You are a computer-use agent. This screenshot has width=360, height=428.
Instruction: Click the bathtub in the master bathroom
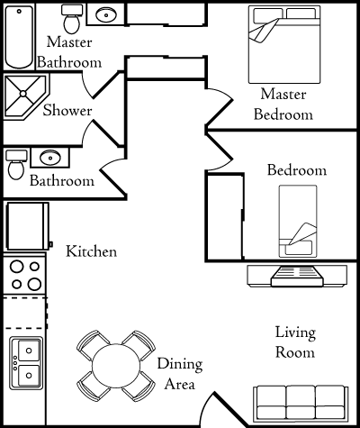click(x=19, y=36)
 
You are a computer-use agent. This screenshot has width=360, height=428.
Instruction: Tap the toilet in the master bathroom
click(x=70, y=18)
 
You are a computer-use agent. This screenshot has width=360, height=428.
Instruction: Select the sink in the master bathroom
click(x=107, y=14)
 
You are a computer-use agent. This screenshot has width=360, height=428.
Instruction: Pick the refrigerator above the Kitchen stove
click(x=28, y=228)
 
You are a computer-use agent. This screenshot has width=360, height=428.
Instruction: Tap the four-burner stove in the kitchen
click(x=24, y=275)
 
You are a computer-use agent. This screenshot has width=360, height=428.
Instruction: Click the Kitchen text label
click(x=92, y=251)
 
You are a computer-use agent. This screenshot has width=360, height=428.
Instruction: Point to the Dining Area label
click(x=180, y=375)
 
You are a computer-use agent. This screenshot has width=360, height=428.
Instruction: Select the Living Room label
click(x=294, y=342)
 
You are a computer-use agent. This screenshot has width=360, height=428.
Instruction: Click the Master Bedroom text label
click(x=283, y=104)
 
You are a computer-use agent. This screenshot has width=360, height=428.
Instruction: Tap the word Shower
click(x=67, y=111)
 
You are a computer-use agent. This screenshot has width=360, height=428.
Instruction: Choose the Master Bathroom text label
click(x=69, y=53)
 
